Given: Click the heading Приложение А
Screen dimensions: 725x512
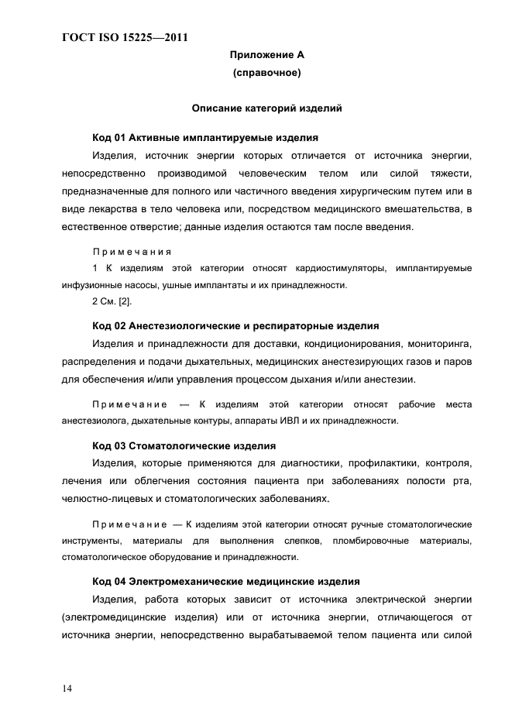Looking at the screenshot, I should click(x=266, y=55).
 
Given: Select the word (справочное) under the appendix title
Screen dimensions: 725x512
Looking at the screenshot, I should click(x=266, y=74).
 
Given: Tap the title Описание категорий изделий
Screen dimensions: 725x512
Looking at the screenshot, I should click(x=266, y=108).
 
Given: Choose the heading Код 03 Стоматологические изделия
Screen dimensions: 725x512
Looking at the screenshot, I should click(x=184, y=446).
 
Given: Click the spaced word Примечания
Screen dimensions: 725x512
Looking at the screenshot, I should click(x=132, y=252).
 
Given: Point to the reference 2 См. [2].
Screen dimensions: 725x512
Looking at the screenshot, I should click(x=112, y=302).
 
